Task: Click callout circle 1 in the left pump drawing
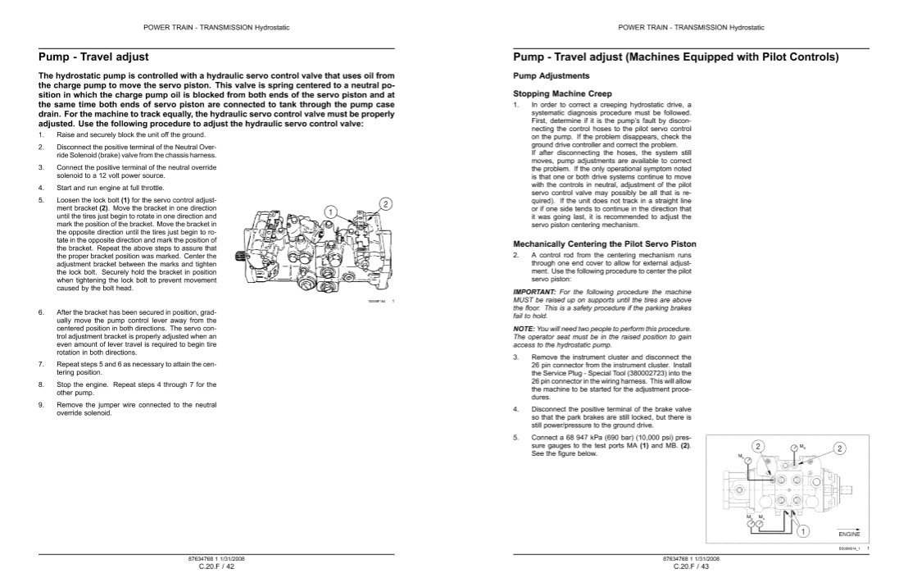(x=331, y=212)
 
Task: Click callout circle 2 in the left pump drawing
(x=385, y=202)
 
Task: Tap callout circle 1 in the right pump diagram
(x=804, y=531)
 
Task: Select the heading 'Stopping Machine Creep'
(x=562, y=93)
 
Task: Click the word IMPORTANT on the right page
(x=532, y=293)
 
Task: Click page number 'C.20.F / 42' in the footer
(x=216, y=567)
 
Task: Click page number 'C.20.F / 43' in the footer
(x=690, y=567)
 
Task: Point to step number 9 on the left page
(x=40, y=405)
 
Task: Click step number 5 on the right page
(x=515, y=437)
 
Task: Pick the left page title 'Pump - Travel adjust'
(x=93, y=57)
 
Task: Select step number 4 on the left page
(x=40, y=187)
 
